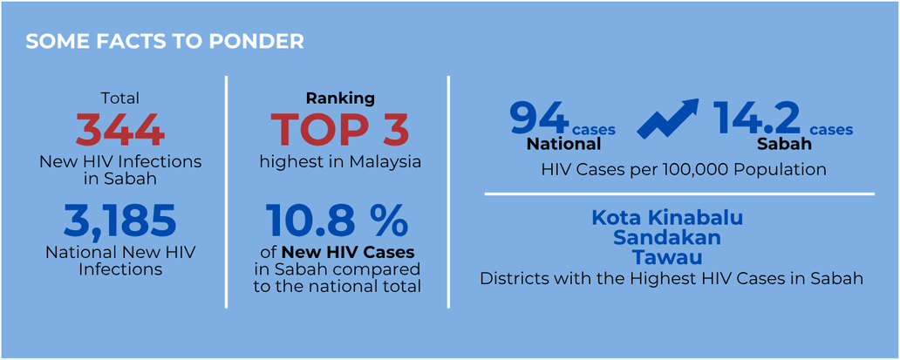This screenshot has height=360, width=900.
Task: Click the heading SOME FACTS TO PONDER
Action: coord(165,42)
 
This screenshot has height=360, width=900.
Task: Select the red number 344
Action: coord(120,131)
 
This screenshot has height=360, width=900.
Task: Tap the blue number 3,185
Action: coord(120,221)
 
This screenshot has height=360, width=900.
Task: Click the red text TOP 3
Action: coord(340,129)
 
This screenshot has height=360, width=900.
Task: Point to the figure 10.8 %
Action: coord(337,221)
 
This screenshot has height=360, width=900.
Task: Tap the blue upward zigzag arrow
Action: coord(669,118)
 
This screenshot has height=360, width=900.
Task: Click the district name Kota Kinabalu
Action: coord(667,219)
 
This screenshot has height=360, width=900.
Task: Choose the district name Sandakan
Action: coord(667,238)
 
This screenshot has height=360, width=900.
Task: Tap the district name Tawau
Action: coord(667,257)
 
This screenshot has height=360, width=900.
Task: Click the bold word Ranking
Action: coord(340,98)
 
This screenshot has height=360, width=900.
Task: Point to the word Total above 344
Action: coord(120,98)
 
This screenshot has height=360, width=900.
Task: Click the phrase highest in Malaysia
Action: coord(340,161)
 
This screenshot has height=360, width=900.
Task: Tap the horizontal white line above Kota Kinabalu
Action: coord(679,194)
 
